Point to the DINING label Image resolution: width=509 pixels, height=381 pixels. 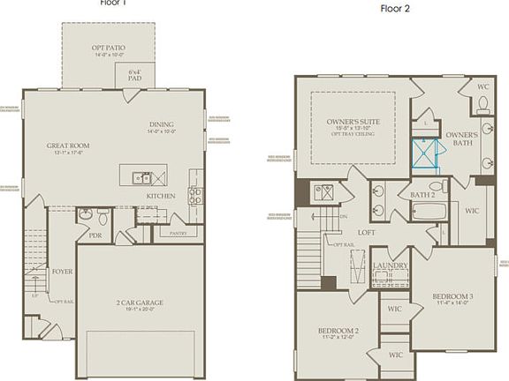161,124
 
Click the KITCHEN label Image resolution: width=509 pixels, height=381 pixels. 161,195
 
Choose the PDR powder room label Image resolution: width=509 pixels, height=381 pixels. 95,235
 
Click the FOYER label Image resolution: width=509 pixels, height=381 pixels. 62,272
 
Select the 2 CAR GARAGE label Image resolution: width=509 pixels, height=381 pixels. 140,303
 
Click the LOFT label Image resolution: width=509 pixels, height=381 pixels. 368,233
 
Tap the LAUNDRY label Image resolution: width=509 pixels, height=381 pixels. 389,265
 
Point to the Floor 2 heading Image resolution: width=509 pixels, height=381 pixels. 395,10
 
